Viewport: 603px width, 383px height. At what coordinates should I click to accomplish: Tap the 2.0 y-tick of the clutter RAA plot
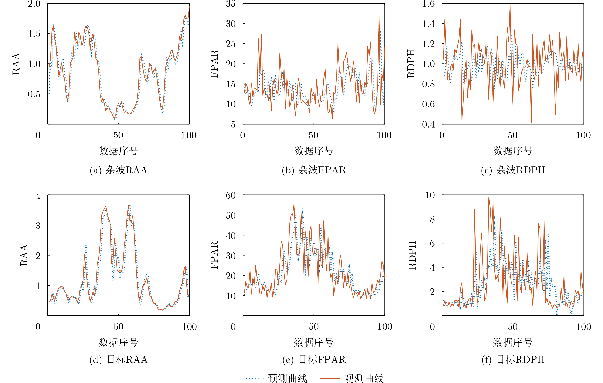[34, 4]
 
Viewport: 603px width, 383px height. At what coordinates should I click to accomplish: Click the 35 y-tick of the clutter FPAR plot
[231, 4]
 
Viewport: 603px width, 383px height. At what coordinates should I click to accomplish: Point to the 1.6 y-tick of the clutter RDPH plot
[429, 4]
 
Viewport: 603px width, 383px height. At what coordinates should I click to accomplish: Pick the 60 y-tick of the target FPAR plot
[231, 195]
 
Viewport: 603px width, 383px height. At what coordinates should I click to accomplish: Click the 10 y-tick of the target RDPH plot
[430, 195]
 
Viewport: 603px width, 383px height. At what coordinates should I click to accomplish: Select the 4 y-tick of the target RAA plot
[38, 195]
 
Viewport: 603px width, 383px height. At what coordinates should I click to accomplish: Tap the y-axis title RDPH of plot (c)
[411, 64]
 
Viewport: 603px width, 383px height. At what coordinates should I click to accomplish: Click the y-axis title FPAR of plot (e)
[215, 255]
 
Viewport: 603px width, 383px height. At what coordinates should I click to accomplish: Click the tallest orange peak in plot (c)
[510, 5]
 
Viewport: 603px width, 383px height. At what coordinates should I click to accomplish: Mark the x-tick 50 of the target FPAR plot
[314, 327]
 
